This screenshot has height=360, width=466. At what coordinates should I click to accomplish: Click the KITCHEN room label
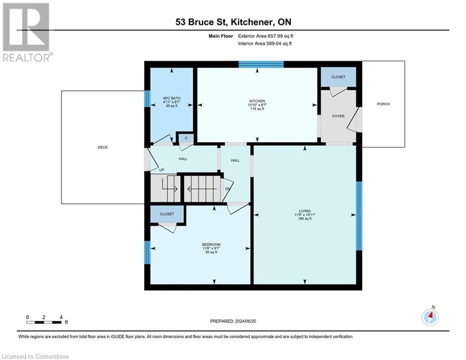coord(257,101)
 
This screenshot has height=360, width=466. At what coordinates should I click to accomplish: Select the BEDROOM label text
coord(211,245)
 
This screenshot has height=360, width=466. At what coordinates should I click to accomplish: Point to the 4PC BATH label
coord(171,98)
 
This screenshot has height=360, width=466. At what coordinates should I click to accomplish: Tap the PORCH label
coord(383,104)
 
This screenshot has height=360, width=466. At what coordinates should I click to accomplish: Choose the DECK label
coord(103,147)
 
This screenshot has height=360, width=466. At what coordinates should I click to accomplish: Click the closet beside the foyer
coord(338,77)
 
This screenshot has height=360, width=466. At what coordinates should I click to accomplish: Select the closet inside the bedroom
coord(167,214)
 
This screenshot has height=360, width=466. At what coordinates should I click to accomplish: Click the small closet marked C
coord(185,138)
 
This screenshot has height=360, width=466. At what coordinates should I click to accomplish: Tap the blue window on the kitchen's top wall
coord(261,65)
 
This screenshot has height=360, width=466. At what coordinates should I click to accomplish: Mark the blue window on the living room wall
coord(359,216)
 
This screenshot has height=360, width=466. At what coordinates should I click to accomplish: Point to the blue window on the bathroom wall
coord(147,99)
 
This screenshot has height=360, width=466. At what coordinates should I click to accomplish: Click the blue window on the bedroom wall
coord(147,253)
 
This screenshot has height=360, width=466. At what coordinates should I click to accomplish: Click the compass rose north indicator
coord(430,317)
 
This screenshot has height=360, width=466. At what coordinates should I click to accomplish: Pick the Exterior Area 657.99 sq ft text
coord(266,36)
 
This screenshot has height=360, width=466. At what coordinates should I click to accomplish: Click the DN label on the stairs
coord(228,189)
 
